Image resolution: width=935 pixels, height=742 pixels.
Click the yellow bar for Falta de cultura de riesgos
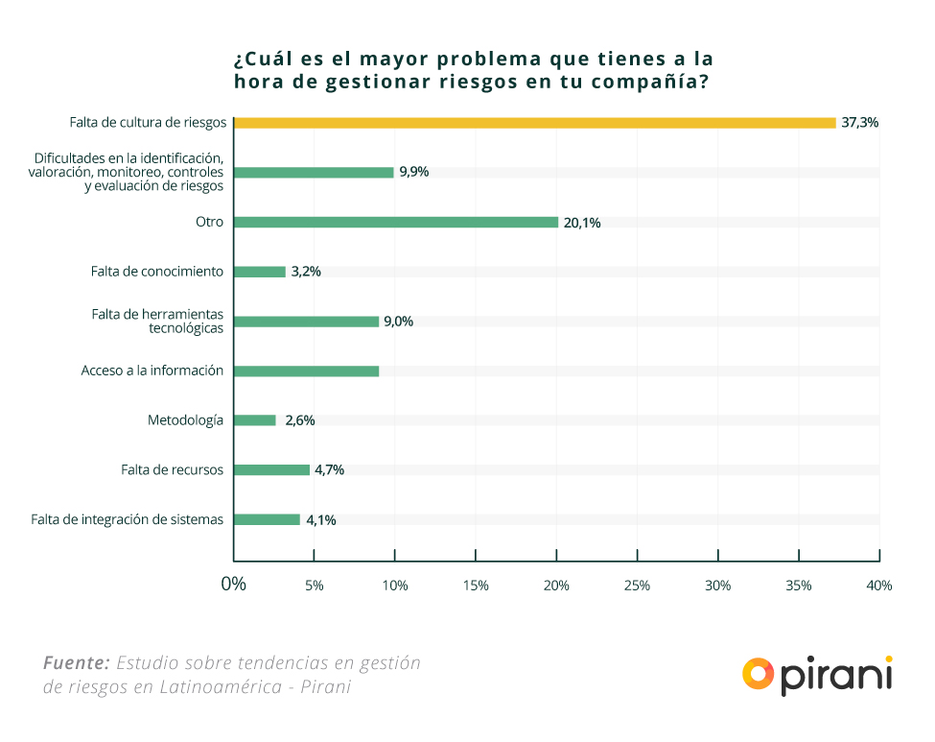coord(535,123)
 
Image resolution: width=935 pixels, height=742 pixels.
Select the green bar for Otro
coord(396,222)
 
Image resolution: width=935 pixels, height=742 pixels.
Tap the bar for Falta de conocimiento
coord(260,272)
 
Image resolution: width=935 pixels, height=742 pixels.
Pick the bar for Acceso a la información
coord(307,371)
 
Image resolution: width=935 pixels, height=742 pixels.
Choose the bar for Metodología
coord(255,420)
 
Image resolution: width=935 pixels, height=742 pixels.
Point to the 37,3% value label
coord(860,123)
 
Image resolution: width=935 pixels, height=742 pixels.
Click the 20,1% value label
coord(582,223)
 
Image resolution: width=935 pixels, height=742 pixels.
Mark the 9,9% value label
coord(414,173)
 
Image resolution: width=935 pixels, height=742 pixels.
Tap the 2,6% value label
coord(300,420)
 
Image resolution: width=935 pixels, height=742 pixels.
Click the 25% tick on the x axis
coord(637,586)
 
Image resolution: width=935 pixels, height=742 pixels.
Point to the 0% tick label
coord(234,585)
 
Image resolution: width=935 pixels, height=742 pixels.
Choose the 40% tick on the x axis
coord(878,586)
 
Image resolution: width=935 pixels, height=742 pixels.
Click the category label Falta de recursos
coord(173,470)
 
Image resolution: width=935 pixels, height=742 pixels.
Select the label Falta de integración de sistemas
coord(128,520)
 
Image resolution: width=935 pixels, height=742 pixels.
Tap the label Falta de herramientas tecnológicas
coord(158,322)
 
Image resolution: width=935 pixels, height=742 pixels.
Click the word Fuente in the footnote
coord(76,663)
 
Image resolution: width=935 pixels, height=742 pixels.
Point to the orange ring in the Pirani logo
coord(758,674)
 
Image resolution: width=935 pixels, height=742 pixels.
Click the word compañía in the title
coord(643,83)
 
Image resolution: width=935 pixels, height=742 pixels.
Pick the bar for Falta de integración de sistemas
coord(268,519)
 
